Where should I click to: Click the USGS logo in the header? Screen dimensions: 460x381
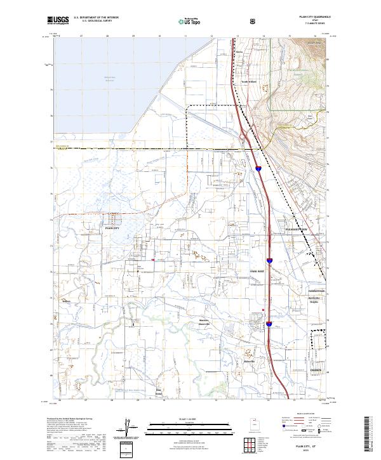click(x=58, y=21)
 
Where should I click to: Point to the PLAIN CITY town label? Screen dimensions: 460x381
click(x=112, y=226)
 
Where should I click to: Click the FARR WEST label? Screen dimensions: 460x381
click(x=257, y=271)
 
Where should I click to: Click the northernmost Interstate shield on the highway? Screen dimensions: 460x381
click(x=259, y=168)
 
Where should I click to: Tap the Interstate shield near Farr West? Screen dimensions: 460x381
click(x=269, y=260)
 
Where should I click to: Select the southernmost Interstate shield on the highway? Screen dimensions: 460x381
click(x=269, y=324)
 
